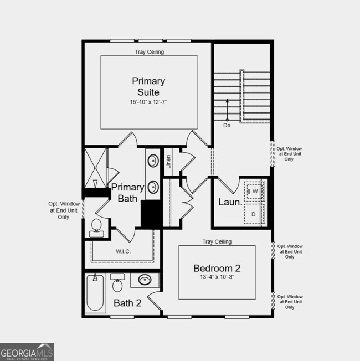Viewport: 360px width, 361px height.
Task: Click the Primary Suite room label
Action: [148, 86]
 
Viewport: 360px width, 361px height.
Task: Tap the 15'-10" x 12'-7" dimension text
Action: [148, 102]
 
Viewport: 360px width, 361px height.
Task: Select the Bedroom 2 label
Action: [217, 268]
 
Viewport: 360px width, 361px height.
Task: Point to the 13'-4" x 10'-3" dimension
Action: [217, 277]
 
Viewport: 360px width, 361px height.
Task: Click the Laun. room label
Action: [230, 202]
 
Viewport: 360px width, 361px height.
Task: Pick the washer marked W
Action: [255, 192]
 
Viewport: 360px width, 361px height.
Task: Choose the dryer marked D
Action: [254, 214]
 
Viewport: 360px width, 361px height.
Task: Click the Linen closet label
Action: [169, 162]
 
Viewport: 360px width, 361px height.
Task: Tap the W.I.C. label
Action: [123, 251]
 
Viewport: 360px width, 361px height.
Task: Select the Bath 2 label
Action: [127, 303]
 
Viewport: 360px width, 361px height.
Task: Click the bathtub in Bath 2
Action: [95, 294]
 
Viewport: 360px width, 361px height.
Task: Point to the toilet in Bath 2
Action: [117, 283]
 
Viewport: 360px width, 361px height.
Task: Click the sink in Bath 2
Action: [145, 280]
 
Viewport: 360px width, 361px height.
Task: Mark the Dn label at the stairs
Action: [227, 126]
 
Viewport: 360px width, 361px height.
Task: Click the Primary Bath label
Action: [127, 193]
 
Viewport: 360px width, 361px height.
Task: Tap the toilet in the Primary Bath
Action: [96, 226]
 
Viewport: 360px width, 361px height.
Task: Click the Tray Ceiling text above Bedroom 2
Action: [217, 242]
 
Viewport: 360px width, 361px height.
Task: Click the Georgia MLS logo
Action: [27, 352]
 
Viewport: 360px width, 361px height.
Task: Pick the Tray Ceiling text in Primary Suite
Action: [149, 52]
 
